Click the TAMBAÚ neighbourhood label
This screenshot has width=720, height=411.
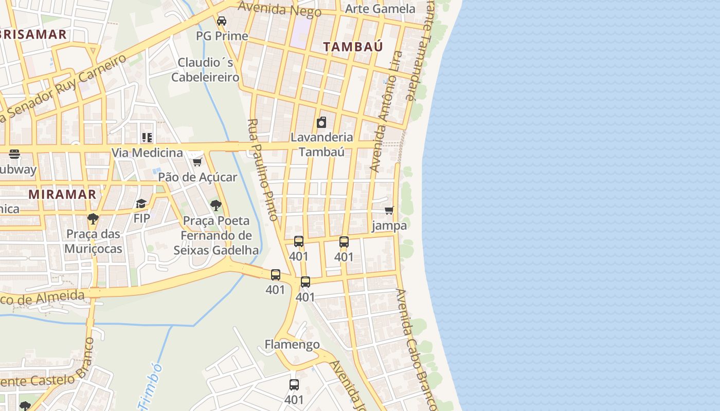(353, 46)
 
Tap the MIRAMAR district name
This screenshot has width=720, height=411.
(62, 194)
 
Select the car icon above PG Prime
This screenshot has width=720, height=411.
(222, 21)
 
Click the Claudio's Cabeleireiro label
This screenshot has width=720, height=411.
(205, 70)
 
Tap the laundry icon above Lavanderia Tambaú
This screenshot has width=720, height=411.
(321, 122)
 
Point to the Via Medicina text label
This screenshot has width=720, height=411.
(147, 153)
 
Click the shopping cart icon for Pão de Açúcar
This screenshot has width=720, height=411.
(197, 162)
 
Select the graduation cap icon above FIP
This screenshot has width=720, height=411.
(141, 204)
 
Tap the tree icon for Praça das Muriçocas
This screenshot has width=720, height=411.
(93, 219)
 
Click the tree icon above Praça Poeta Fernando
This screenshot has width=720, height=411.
(216, 206)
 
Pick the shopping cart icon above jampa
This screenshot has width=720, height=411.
(389, 210)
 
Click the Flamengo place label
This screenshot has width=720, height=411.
(292, 344)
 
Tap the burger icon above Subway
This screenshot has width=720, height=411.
(14, 154)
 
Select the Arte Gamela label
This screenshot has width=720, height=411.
(380, 9)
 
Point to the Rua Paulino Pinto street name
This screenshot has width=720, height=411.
(263, 170)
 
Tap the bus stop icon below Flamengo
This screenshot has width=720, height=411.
(294, 384)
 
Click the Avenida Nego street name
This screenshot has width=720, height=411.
(280, 9)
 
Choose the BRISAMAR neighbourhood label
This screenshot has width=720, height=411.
(33, 35)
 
